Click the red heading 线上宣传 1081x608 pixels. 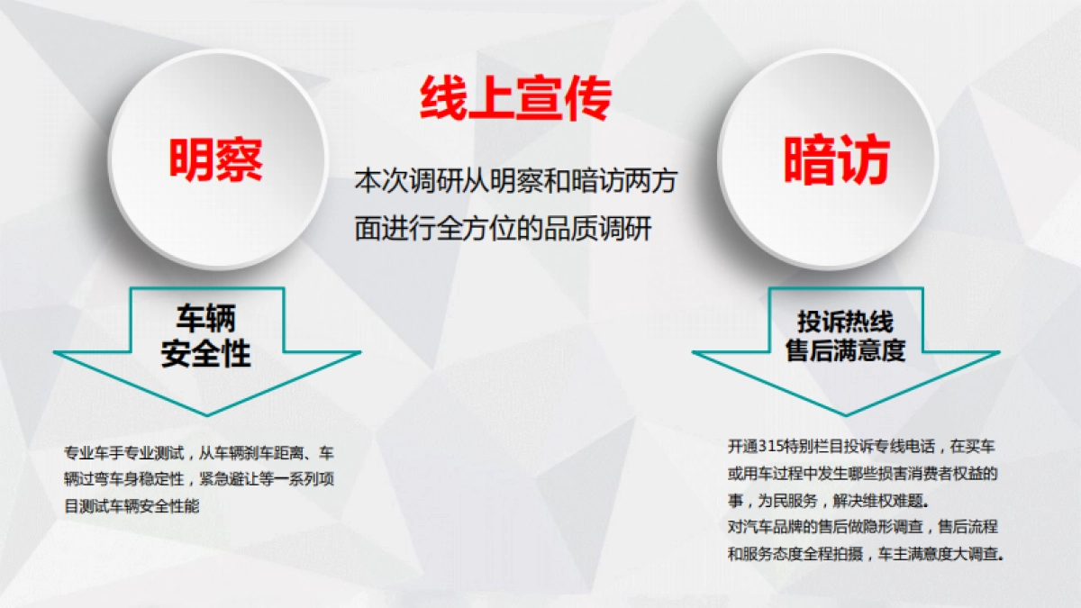[515, 98]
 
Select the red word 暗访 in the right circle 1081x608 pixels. [837, 161]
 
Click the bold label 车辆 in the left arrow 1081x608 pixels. [205, 319]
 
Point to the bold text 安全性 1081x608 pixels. [205, 354]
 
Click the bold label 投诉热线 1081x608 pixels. [845, 322]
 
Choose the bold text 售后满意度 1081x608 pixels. [845, 350]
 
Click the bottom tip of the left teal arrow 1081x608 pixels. [208, 413]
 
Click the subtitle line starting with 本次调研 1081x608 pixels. [516, 181]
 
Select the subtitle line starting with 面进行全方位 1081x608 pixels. [503, 230]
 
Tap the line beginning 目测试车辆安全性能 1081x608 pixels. [132, 507]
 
